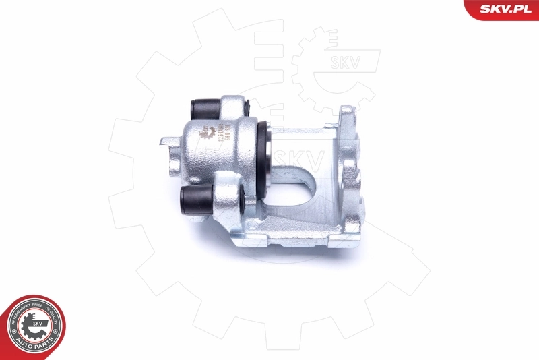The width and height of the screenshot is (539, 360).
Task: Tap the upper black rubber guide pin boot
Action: click(202, 107)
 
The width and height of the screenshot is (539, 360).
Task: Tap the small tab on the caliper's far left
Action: click(166, 141)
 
